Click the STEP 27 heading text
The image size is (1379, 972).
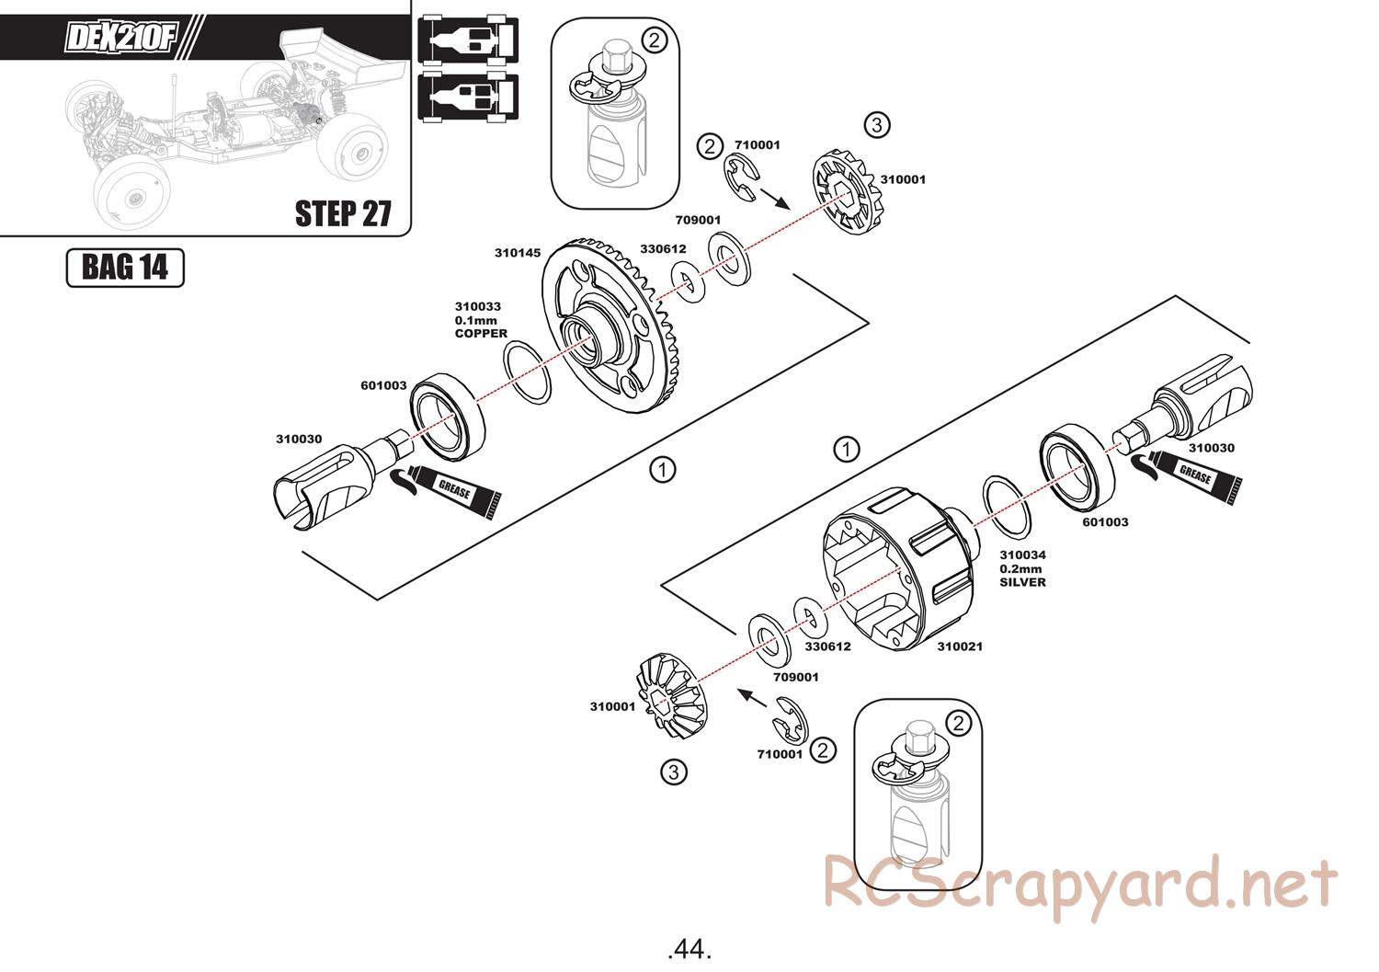coord(343,213)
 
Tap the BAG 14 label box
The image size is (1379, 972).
coord(125,268)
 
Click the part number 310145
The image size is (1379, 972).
coord(517,253)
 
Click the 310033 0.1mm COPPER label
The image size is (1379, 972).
coord(481,320)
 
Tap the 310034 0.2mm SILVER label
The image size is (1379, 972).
coord(1022,568)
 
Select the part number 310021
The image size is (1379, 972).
coord(960,646)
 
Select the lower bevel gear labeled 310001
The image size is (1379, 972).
coord(671,695)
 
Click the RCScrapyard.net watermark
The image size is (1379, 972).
coord(1081,886)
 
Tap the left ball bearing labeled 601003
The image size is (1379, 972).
coord(447,417)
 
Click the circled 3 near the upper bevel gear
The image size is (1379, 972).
coord(877,126)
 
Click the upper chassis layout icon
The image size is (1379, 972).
coord(468,40)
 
